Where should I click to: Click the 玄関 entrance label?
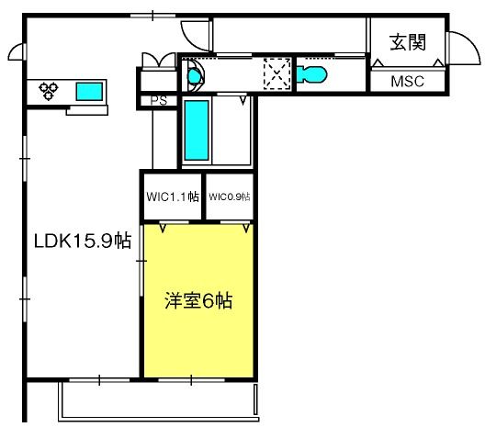[408, 42]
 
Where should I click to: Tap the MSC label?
[407, 82]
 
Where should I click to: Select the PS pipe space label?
[159, 101]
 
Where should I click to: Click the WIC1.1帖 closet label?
[173, 197]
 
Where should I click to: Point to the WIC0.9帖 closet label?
[230, 197]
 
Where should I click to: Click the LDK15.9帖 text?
[83, 241]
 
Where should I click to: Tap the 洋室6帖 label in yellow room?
[198, 300]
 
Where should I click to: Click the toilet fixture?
[311, 74]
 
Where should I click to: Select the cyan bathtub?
[197, 130]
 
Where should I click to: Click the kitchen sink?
[89, 92]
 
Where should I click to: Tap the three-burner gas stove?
[49, 90]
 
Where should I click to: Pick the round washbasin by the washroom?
[195, 75]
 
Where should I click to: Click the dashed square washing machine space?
[276, 74]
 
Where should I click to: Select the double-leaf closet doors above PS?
[159, 61]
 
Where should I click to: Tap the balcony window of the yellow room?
[191, 379]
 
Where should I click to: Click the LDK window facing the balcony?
[99, 379]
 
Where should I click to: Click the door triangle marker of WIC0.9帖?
[246, 228]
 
